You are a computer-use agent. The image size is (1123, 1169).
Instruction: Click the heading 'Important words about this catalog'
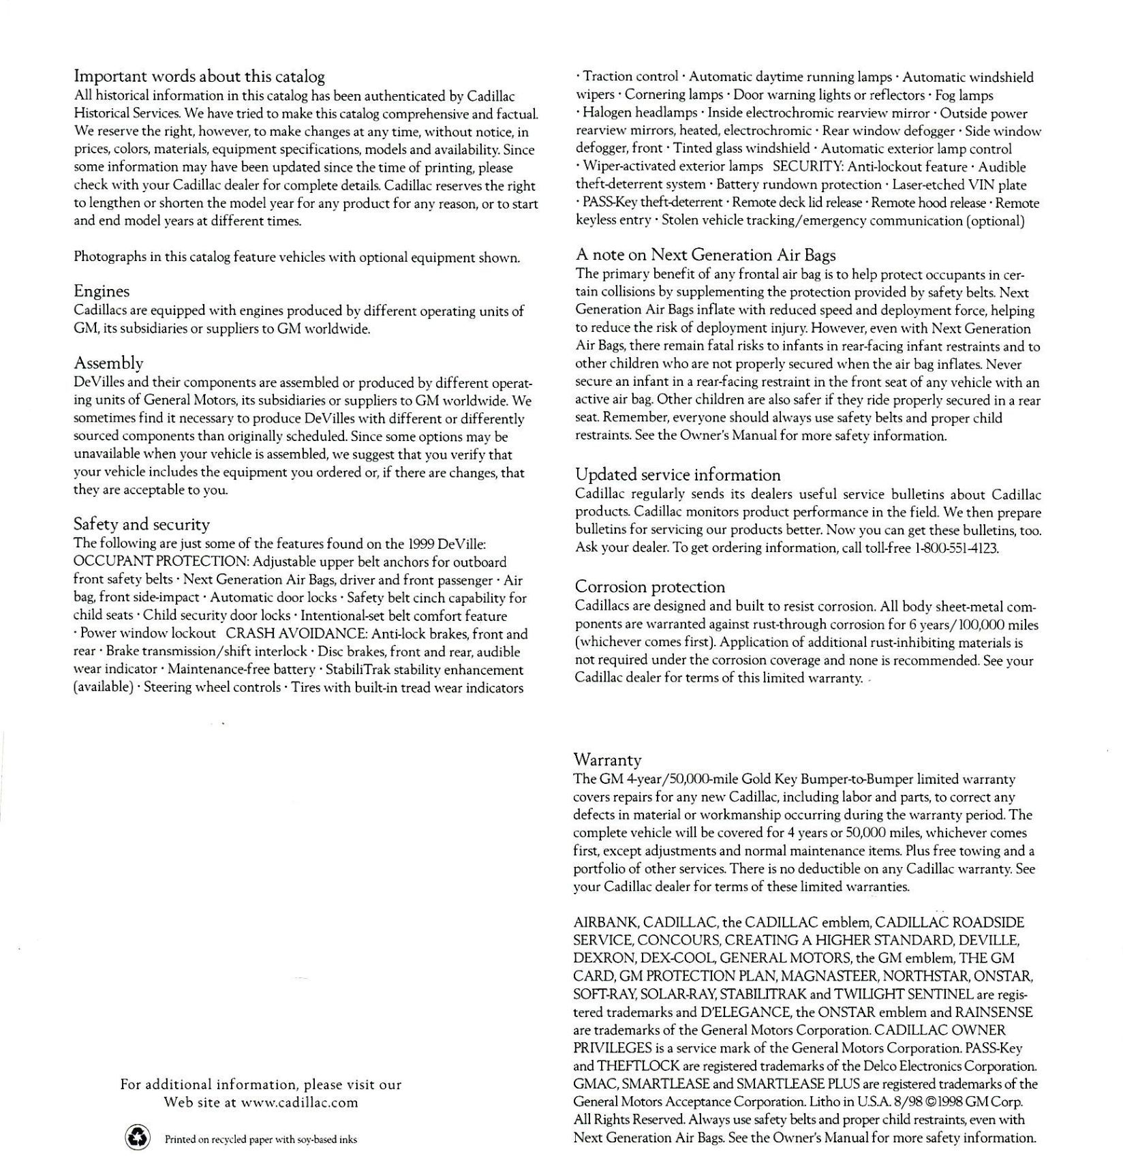click(199, 76)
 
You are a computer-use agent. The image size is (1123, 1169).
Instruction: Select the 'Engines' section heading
click(102, 291)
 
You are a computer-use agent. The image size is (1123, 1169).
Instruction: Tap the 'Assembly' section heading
click(108, 363)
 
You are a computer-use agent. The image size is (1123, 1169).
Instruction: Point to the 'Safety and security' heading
click(141, 524)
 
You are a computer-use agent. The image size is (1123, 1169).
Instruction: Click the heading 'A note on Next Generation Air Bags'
click(705, 255)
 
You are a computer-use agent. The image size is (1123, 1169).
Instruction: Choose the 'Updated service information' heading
click(677, 475)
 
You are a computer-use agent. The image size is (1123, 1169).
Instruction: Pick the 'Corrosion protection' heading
click(649, 587)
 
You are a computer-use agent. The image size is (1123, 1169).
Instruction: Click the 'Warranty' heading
click(607, 759)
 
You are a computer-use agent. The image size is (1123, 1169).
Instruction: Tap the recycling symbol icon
click(138, 1138)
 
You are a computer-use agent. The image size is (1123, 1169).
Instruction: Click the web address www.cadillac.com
click(299, 1102)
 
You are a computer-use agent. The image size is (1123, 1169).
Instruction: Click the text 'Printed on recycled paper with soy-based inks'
click(260, 1139)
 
